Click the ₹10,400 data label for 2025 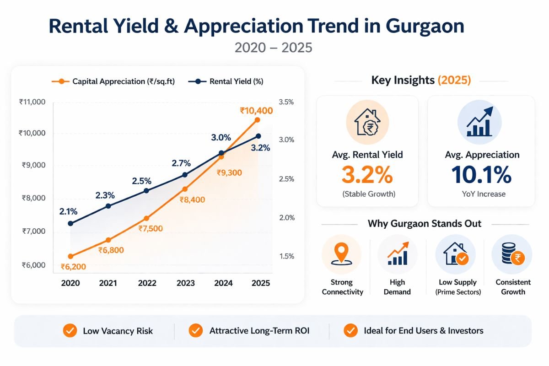coord(256,111)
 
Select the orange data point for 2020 coord(70,256)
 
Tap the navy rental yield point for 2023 coord(185,175)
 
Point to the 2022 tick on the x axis coord(147,283)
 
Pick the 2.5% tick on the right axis coord(286,179)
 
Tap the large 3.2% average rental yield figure coord(367,175)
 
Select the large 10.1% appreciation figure coord(481,175)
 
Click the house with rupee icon coord(367,123)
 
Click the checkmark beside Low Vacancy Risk coord(70,330)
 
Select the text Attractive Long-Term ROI coord(259,330)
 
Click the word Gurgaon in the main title coord(425,27)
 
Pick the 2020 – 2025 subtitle coord(274,48)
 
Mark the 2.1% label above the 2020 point coord(68,211)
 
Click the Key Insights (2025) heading coord(420,81)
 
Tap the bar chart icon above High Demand coord(397,254)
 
